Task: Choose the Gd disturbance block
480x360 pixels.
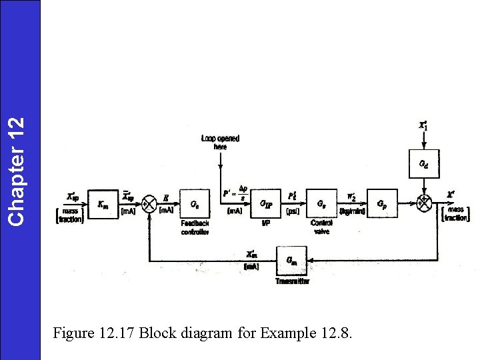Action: coord(423,164)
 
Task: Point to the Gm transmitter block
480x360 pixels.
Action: coord(292,259)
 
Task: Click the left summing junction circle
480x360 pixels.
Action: coord(150,203)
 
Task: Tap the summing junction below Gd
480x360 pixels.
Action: coord(423,203)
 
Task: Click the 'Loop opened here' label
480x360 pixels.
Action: coord(220,142)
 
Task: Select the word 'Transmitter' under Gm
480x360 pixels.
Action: coord(292,281)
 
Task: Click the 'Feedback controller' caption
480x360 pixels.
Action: coord(195,227)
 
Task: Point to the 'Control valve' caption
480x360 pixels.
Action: coord(321,227)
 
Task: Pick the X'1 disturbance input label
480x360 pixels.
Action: coord(423,125)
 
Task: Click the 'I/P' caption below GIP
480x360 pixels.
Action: coord(265,223)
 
